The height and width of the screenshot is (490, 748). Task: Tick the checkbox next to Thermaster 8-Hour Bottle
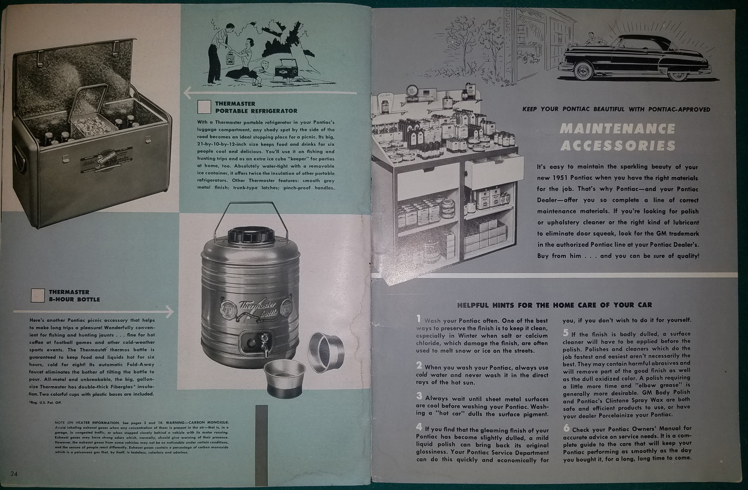point(38,295)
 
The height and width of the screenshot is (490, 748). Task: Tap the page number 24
point(14,474)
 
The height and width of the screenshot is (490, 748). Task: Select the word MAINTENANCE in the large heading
point(617,129)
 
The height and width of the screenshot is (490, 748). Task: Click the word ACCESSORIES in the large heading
point(617,145)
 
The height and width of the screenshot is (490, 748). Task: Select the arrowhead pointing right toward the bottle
point(170,311)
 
